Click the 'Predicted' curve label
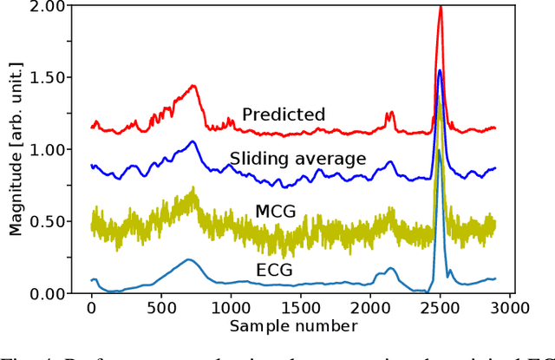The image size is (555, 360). (284, 115)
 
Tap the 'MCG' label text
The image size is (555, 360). (275, 211)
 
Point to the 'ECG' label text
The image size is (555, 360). (275, 271)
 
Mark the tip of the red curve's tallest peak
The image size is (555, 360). (440, 7)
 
